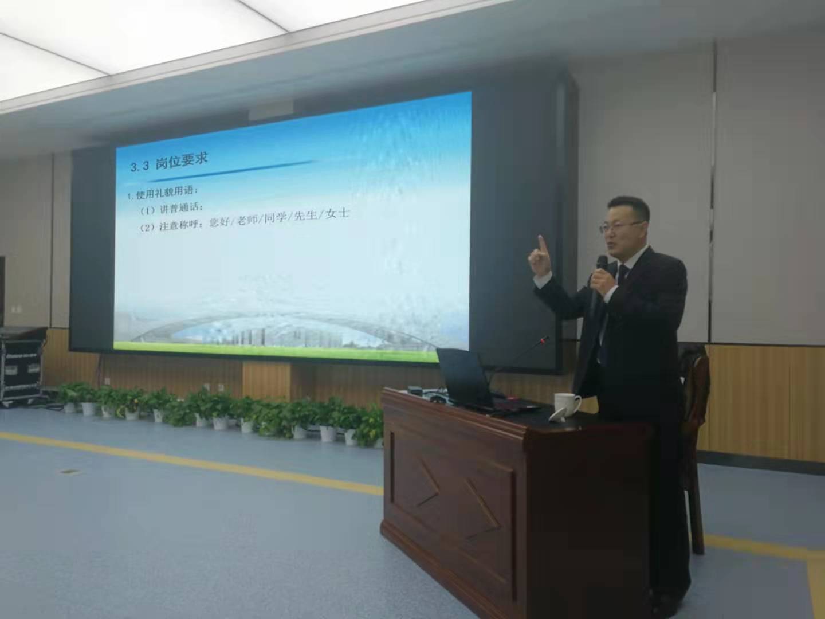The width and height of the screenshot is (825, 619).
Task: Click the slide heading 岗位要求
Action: coord(181,162)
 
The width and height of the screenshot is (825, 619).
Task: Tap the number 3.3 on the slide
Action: coord(140,167)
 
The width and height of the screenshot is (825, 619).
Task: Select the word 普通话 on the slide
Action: coord(186,207)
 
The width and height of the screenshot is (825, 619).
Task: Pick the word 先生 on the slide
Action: coord(306,217)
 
